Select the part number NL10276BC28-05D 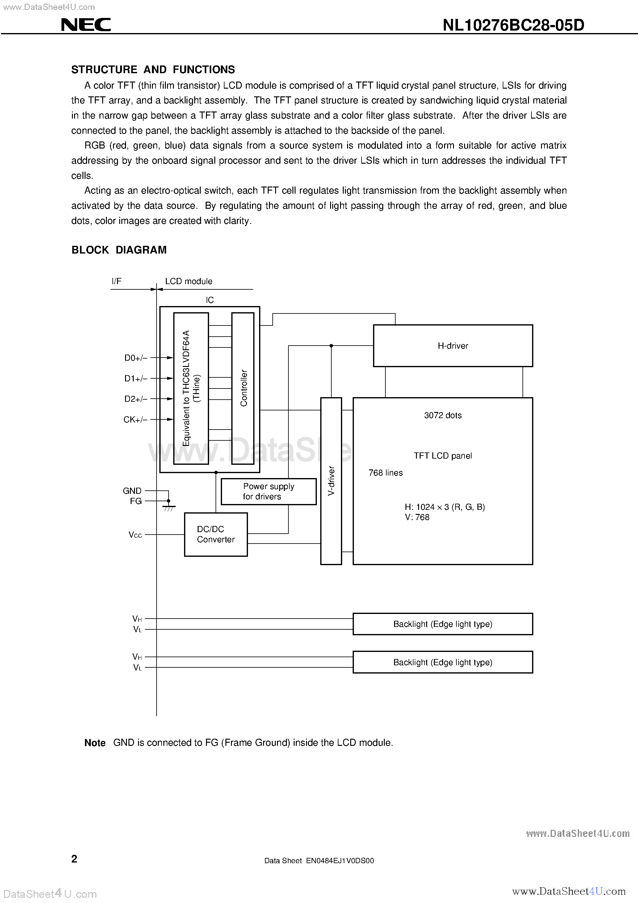click(513, 25)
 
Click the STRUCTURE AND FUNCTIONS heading click(153, 69)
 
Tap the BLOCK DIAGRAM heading click(119, 250)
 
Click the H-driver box click(452, 346)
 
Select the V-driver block click(331, 481)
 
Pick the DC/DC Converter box click(216, 534)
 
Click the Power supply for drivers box click(268, 491)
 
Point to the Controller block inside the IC click(243, 388)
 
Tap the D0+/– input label click(136, 358)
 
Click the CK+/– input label click(135, 420)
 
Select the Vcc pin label click(135, 535)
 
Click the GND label click(132, 491)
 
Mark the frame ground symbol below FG click(169, 507)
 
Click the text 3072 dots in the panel click(443, 415)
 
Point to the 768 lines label click(385, 473)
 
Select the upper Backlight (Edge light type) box click(443, 624)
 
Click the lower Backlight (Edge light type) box click(443, 662)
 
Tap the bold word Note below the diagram click(95, 743)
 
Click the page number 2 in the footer click(74, 859)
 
